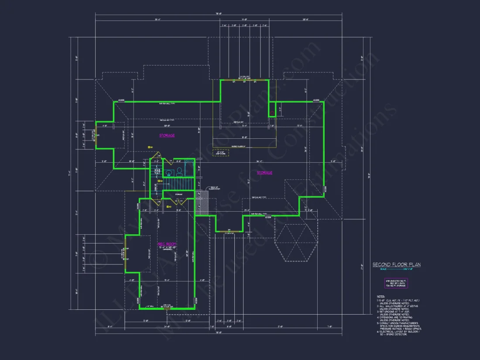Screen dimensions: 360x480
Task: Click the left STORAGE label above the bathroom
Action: [x=167, y=136]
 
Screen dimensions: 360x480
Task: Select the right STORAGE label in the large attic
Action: [x=264, y=173]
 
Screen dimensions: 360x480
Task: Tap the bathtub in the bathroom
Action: [x=189, y=168]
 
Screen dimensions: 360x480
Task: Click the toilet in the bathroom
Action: [x=179, y=171]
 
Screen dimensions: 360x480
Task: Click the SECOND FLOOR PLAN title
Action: [x=396, y=264]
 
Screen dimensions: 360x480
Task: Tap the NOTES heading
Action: [x=381, y=296]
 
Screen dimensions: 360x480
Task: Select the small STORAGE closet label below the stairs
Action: [x=178, y=195]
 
